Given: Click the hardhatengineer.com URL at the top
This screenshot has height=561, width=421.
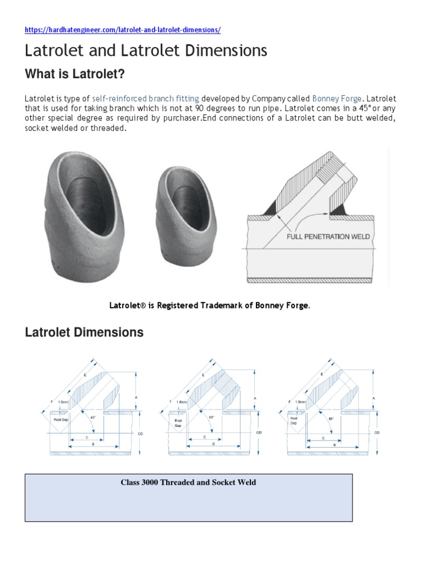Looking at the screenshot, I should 122,30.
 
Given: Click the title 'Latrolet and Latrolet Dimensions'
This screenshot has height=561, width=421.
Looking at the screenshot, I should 146,51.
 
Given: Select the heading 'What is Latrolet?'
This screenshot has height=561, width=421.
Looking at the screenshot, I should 79,73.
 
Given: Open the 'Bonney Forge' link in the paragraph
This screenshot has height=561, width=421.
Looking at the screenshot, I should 337,99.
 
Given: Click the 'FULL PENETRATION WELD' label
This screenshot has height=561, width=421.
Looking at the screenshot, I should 329,237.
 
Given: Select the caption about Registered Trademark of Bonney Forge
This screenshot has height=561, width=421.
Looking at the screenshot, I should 210,306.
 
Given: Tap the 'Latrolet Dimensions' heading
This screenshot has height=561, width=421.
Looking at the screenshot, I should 84,332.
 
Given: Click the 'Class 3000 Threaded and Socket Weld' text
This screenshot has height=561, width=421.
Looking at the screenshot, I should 188,483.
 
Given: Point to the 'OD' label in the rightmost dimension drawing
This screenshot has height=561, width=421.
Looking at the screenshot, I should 377,432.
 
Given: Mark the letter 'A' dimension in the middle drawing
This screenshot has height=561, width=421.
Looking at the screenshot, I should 255,397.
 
